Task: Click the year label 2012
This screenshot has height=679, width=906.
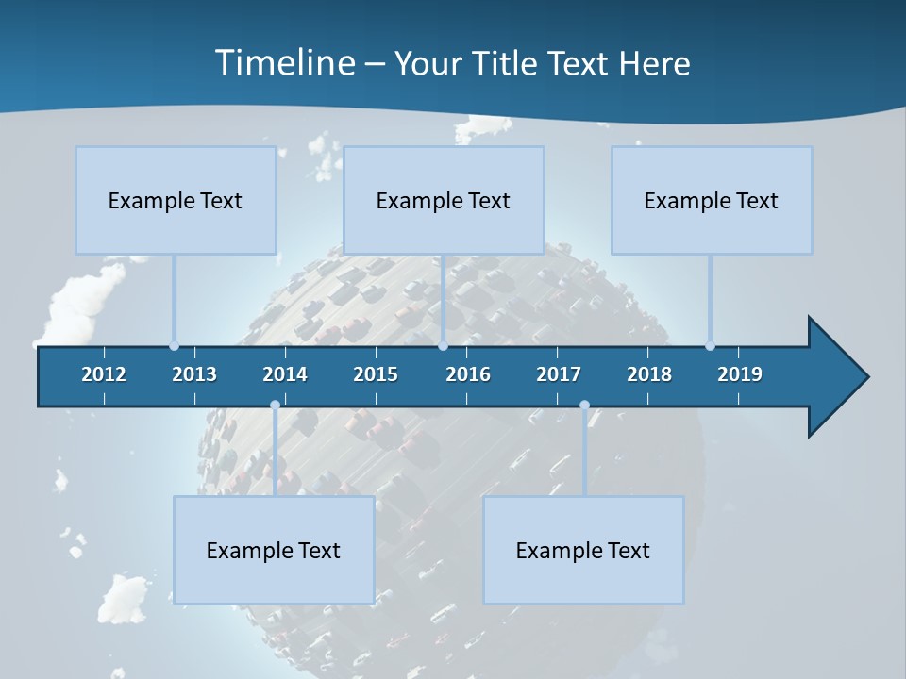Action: tap(104, 374)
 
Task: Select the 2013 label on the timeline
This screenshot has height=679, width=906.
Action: tap(194, 374)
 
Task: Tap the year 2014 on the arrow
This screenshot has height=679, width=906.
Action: tap(285, 374)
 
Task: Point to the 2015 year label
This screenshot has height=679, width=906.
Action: tap(376, 374)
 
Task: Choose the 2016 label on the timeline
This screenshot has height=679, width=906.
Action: tap(468, 374)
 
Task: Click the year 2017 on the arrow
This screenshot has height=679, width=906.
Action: tap(559, 374)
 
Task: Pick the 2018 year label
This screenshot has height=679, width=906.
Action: tap(649, 374)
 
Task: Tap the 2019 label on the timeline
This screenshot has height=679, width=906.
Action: tap(740, 374)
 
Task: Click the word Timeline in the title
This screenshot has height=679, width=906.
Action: tap(284, 63)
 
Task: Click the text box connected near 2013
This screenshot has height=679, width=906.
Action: tap(176, 200)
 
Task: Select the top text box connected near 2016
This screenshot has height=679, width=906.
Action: tap(444, 200)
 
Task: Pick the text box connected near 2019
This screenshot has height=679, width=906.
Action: tap(712, 200)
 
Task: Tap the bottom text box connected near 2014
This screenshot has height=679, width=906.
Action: tap(274, 550)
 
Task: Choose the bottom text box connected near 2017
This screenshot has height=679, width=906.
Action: tap(583, 550)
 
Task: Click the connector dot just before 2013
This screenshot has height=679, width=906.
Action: tap(174, 346)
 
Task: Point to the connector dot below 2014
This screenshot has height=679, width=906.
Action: tap(275, 406)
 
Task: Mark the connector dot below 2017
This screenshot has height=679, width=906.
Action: tap(584, 406)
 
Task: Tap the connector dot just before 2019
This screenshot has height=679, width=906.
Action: tap(710, 346)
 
